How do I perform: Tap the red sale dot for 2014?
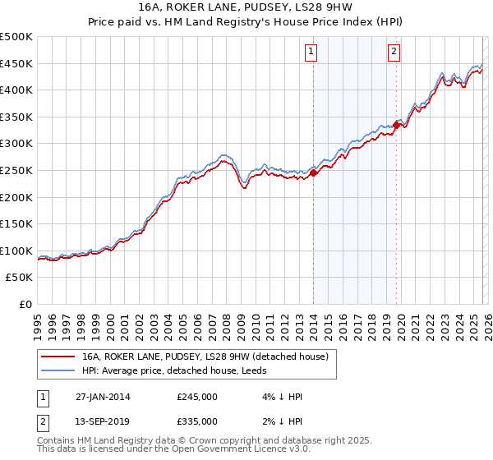click(x=314, y=172)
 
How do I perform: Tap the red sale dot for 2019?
click(x=396, y=125)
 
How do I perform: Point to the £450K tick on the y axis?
click(x=16, y=63)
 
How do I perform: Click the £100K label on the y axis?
click(x=16, y=251)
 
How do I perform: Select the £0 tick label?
click(x=25, y=304)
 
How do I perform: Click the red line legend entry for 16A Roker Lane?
click(x=205, y=356)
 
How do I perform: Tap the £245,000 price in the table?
click(x=197, y=397)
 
